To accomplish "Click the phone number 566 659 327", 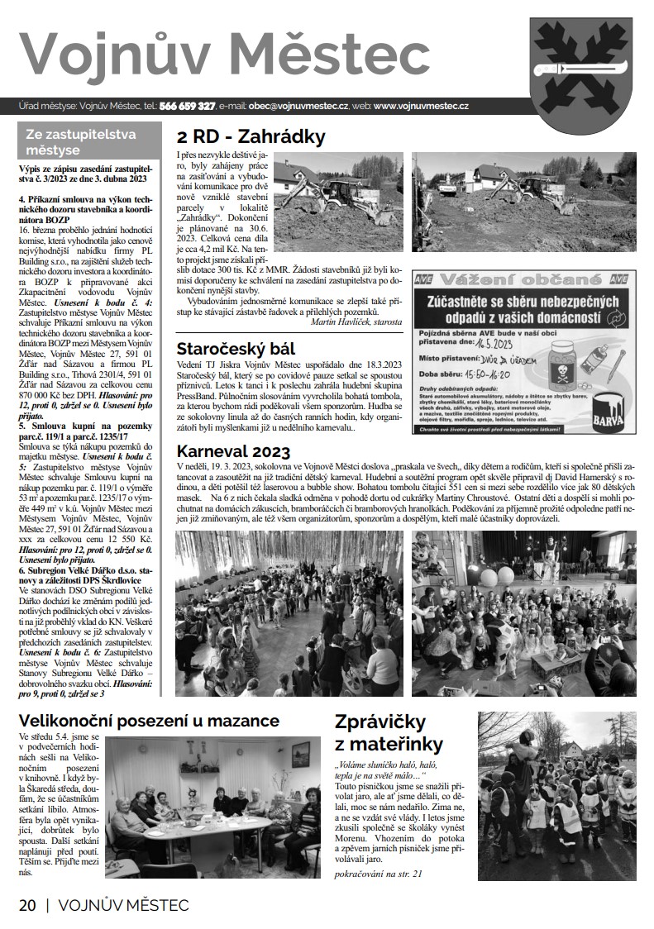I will pyautogui.click(x=188, y=107).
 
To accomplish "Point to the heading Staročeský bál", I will pyautogui.click(x=247, y=349).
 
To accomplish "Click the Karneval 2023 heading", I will pyautogui.click(x=233, y=451).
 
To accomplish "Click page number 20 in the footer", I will pyautogui.click(x=27, y=904).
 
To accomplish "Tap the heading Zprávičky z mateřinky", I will pyautogui.click(x=389, y=731).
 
